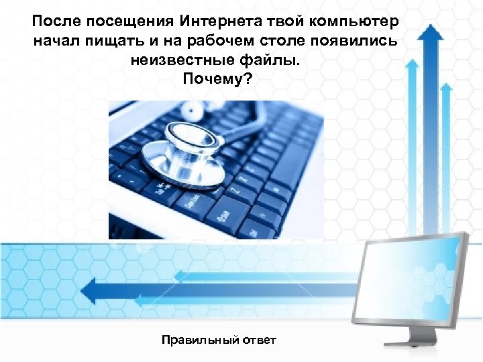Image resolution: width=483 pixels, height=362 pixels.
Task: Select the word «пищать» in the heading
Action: (123, 42)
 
